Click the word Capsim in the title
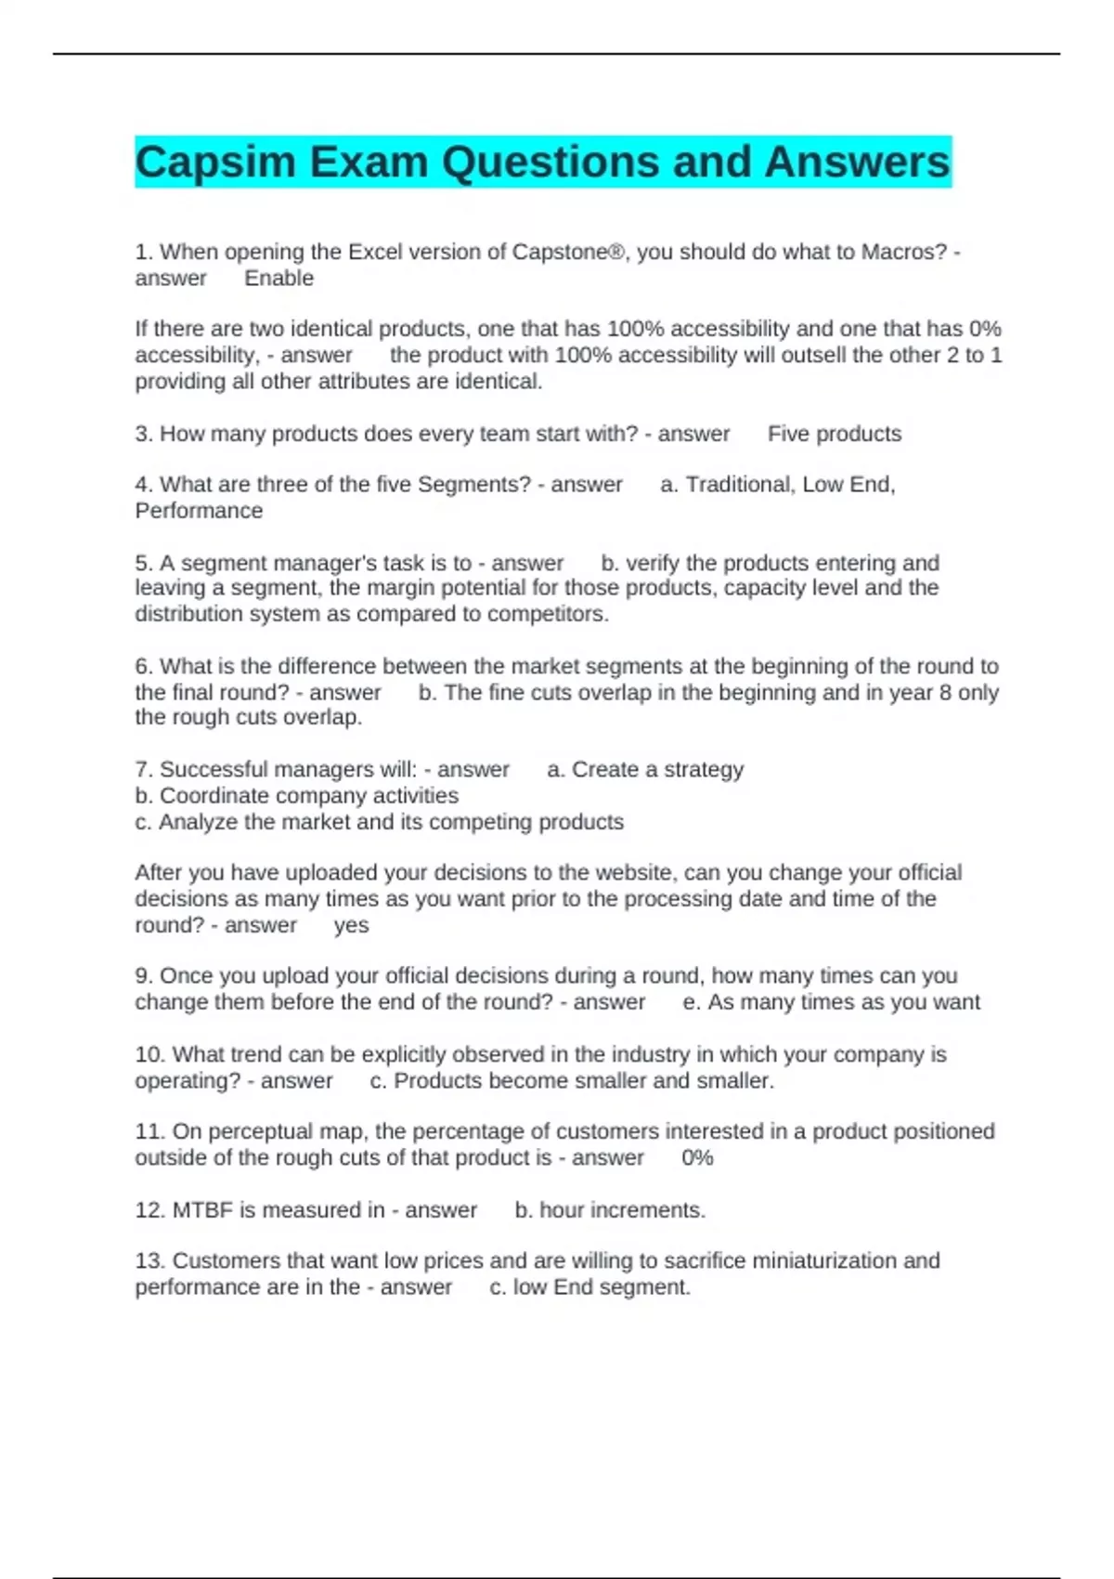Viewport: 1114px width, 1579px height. (215, 163)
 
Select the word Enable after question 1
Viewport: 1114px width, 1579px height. (278, 279)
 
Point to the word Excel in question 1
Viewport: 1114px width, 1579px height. (379, 252)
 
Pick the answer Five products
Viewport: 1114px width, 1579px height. (835, 434)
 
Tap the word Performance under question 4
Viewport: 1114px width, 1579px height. (199, 511)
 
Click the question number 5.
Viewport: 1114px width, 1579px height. (143, 563)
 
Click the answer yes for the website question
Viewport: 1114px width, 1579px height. (351, 925)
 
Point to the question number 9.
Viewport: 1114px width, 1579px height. (143, 976)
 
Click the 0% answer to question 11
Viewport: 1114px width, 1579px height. (697, 1158)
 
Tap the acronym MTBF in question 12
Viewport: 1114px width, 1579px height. (202, 1210)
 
